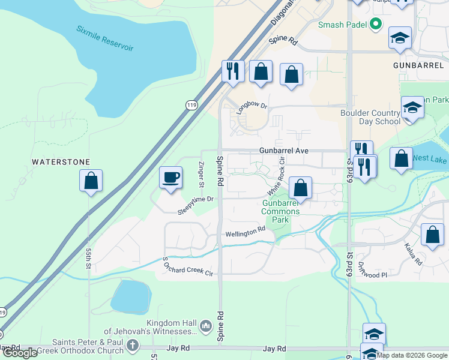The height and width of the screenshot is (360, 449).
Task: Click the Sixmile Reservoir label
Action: click(x=105, y=38)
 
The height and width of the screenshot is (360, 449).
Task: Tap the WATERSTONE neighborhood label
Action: click(x=61, y=162)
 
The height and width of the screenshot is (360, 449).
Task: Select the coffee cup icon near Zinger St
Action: click(x=170, y=177)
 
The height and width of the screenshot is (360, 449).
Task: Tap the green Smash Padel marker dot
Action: click(x=376, y=25)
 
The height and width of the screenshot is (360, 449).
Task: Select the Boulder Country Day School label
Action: click(x=370, y=117)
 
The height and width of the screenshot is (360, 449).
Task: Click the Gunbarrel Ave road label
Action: click(x=284, y=151)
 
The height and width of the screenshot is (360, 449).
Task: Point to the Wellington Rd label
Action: click(x=245, y=231)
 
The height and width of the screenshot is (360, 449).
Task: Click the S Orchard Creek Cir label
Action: click(x=188, y=267)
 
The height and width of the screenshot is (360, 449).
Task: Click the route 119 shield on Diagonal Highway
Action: click(x=191, y=105)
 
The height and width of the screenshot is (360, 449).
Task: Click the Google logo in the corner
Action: click(x=20, y=353)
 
